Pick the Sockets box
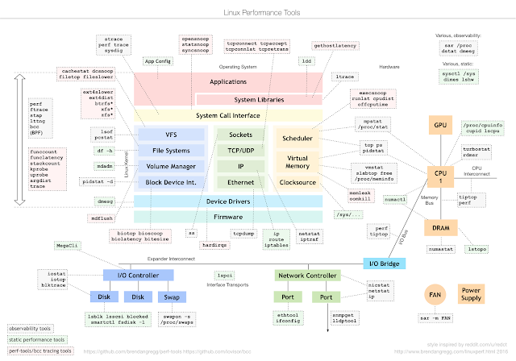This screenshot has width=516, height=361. point(241,135)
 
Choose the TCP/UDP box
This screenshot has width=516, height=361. point(241,150)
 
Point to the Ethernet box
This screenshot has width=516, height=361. point(241,182)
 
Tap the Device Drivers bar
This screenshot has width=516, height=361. point(228,201)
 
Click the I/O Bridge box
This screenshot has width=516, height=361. point(383,263)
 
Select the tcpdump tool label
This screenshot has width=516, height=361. point(243,234)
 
